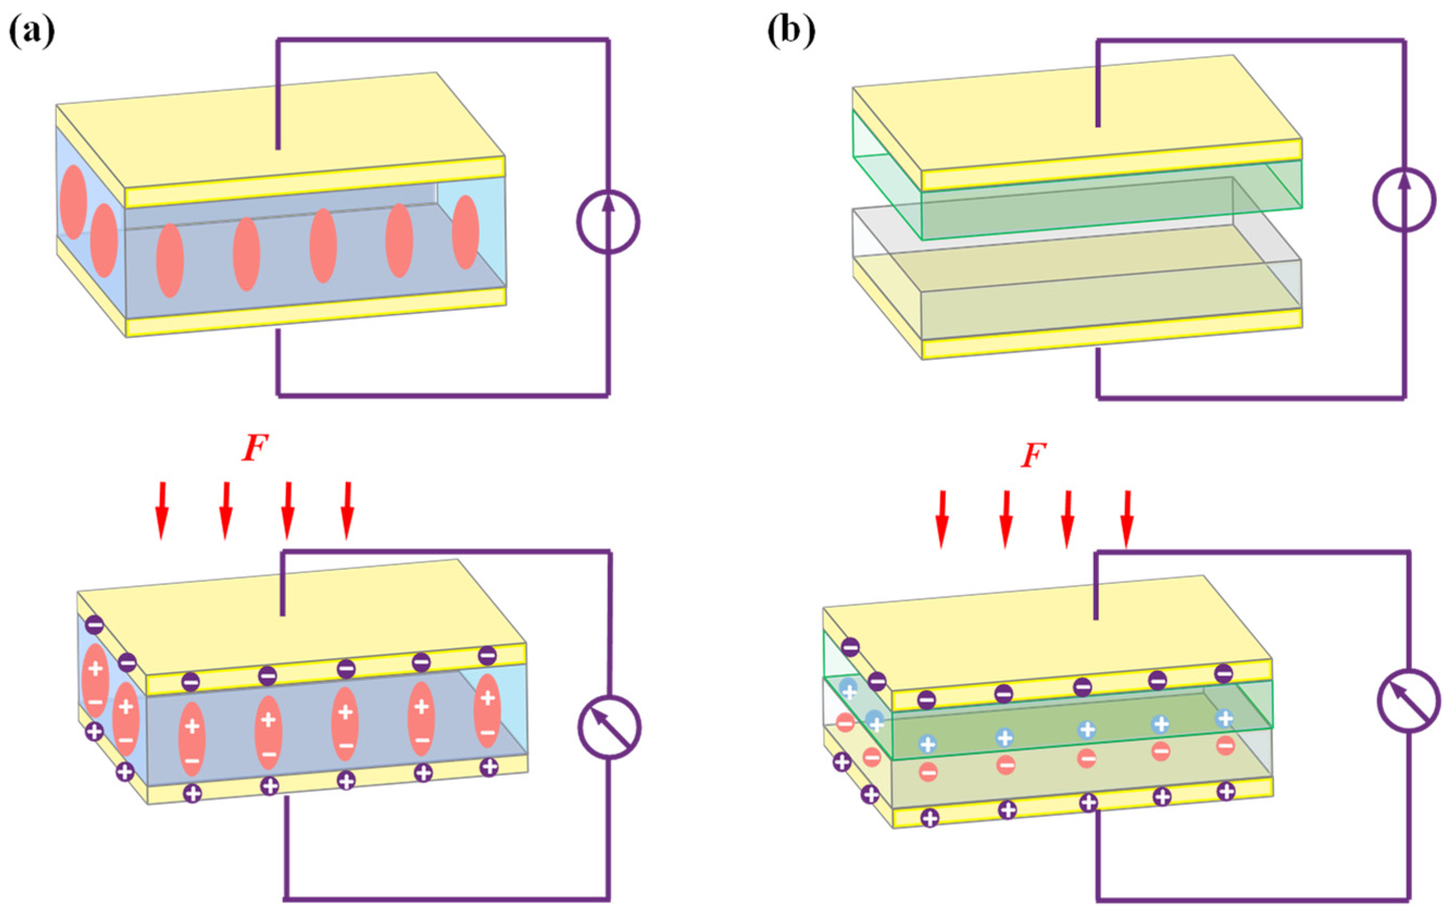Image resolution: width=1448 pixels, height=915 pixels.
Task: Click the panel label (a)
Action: pos(32,30)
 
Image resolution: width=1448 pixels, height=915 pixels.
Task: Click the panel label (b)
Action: pos(791,30)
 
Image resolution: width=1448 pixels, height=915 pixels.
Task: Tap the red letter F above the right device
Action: pos(1033,456)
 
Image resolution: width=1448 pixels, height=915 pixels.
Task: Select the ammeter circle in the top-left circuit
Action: pos(608,222)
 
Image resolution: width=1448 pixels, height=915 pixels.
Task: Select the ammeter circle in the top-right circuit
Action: pos(1404,199)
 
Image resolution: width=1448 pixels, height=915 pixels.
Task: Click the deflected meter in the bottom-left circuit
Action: pos(609,728)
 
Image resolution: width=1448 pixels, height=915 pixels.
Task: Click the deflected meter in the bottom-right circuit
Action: pos(1409,700)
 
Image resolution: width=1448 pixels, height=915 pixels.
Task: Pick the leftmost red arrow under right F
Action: pos(942,519)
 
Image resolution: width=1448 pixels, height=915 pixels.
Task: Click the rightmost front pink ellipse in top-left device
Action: pos(465,232)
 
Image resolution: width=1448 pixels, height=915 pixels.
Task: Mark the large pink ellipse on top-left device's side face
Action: pos(73,202)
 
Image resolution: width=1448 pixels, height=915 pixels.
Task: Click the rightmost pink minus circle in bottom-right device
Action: pos(1225,746)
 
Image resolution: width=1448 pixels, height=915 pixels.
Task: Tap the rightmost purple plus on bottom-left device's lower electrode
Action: pos(490,767)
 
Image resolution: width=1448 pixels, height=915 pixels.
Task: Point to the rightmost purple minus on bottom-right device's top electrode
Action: pos(1224,673)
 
